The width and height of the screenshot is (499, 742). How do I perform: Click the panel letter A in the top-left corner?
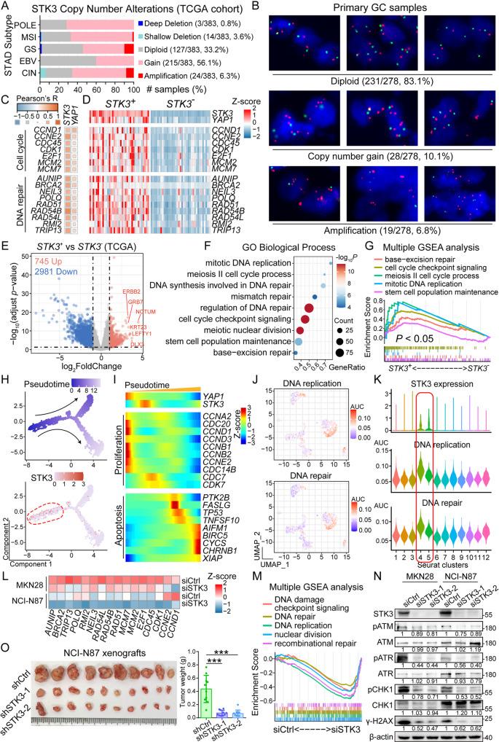[x=6, y=7]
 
